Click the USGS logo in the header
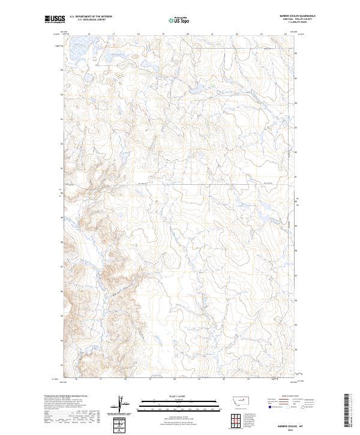(x=54, y=19)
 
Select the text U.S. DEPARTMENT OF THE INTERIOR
(x=91, y=17)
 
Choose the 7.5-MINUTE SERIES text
(x=291, y=23)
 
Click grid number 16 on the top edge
(x=89, y=34)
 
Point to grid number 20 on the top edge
(x=187, y=34)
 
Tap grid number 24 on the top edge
(x=286, y=34)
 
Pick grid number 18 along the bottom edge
(x=125, y=379)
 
